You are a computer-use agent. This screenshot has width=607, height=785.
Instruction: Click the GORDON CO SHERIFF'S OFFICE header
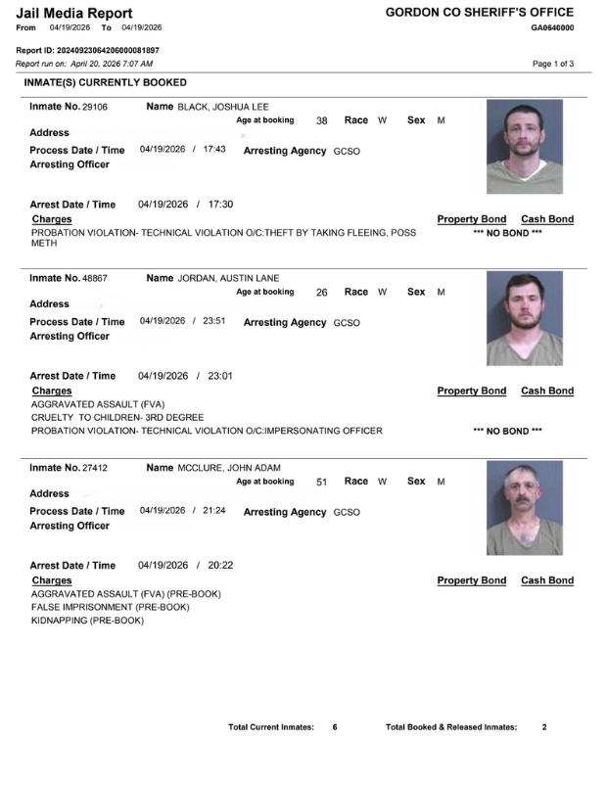(480, 12)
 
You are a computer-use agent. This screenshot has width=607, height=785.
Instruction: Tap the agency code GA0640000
(552, 27)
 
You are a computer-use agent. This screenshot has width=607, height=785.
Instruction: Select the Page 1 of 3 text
(553, 64)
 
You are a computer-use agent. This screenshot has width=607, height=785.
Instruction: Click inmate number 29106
(94, 106)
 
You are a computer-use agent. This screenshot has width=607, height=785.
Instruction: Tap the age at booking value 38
(321, 120)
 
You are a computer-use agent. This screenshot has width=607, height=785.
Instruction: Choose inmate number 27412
(94, 468)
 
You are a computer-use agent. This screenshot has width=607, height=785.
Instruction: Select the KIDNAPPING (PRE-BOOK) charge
(87, 621)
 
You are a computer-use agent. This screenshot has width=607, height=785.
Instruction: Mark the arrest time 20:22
(219, 565)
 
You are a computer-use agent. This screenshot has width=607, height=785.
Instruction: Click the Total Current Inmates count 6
(335, 727)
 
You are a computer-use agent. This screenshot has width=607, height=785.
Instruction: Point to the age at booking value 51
(321, 482)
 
